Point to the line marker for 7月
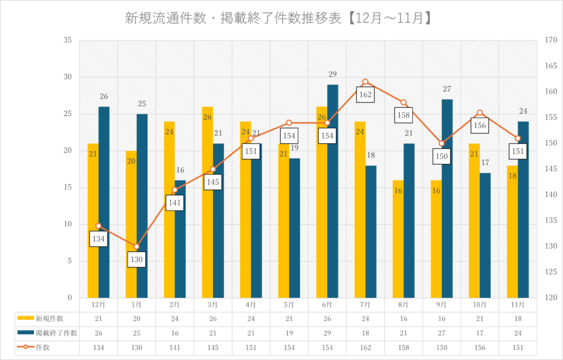tap(365, 82)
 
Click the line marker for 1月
tap(137, 246)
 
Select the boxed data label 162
tap(365, 94)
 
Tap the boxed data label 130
tap(137, 259)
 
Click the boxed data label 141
tap(175, 203)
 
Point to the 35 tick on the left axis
tap(68, 40)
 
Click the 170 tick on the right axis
tap(550, 40)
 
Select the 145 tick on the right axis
tap(550, 169)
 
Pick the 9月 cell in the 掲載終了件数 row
tap(442, 333)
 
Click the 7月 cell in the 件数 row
tap(365, 348)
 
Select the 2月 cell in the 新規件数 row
tap(175, 318)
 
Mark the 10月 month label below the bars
tap(480, 305)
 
